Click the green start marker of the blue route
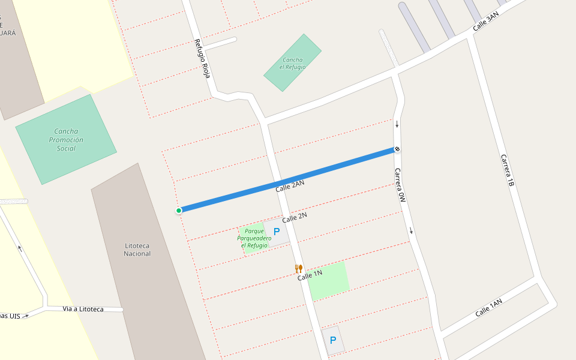pyautogui.click(x=179, y=211)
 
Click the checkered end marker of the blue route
pyautogui.click(x=397, y=149)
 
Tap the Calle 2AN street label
pyautogui.click(x=290, y=186)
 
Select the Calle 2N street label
pyautogui.click(x=295, y=217)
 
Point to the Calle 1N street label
pyautogui.click(x=310, y=275)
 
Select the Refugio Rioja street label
pyautogui.click(x=202, y=59)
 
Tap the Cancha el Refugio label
pyautogui.click(x=292, y=63)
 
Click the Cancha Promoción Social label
pyautogui.click(x=66, y=140)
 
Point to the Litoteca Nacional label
pyautogui.click(x=137, y=250)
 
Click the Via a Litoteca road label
pyautogui.click(x=83, y=309)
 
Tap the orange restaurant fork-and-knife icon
pyautogui.click(x=298, y=268)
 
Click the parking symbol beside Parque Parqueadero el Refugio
pyautogui.click(x=277, y=231)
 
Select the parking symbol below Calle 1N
pyautogui.click(x=333, y=340)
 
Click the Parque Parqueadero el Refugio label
pyautogui.click(x=253, y=238)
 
